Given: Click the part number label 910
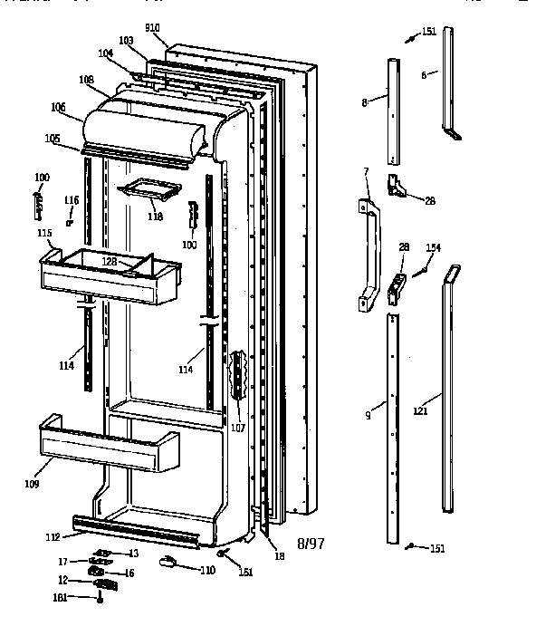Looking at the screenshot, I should pyautogui.click(x=151, y=28).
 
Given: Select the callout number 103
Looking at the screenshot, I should pyautogui.click(x=126, y=41).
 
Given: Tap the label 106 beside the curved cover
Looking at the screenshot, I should pyautogui.click(x=58, y=107).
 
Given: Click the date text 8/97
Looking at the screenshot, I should pyautogui.click(x=310, y=544).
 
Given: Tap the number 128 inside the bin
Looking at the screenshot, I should pyautogui.click(x=110, y=261).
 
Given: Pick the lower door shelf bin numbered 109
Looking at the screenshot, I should pyautogui.click(x=107, y=444).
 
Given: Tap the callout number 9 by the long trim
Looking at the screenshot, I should pyautogui.click(x=368, y=416).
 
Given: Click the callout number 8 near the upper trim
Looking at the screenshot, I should pyautogui.click(x=364, y=103).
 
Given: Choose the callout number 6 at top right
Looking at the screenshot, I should pyautogui.click(x=423, y=75).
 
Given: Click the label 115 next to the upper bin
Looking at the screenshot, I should pyautogui.click(x=43, y=234).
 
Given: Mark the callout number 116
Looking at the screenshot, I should pyautogui.click(x=72, y=199).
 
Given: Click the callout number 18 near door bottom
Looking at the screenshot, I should pyautogui.click(x=280, y=555).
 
